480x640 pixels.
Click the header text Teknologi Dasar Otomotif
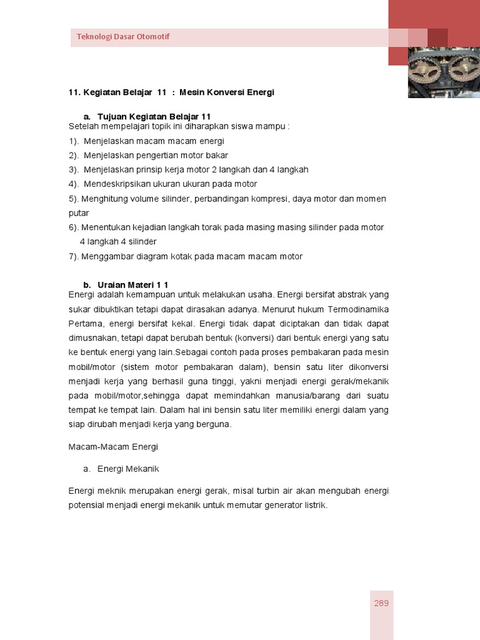123,36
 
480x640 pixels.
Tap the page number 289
381,603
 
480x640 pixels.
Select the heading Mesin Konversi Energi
227,92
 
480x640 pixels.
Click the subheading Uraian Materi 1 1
133,285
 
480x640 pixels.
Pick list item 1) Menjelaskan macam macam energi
146,141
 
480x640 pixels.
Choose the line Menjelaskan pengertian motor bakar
148,155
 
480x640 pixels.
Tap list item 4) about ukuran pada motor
162,184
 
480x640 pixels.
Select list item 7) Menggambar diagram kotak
185,256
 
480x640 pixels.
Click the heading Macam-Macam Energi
113,447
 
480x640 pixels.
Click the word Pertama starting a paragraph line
84,323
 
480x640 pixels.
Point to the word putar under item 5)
79,212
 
